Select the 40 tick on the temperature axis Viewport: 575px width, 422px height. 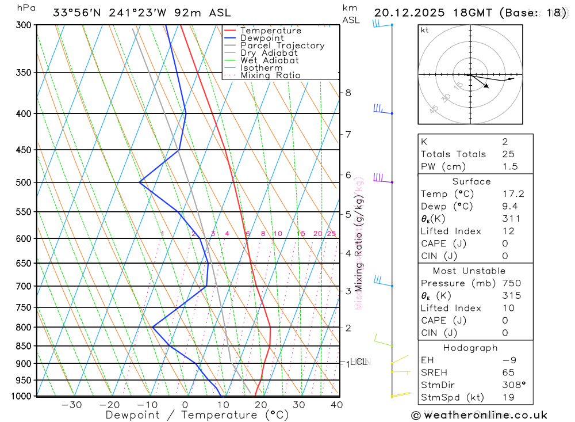pos(336,405)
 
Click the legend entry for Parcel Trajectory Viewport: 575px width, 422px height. pos(282,45)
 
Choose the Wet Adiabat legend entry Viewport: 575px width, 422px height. pos(270,60)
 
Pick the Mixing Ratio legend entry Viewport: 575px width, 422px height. pos(270,75)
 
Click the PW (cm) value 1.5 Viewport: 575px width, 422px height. pos(510,166)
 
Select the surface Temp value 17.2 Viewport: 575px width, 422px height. pos(513,194)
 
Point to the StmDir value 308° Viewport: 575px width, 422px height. pos(513,385)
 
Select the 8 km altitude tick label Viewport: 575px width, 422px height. pos(348,92)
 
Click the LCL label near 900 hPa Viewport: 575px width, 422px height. pos(359,362)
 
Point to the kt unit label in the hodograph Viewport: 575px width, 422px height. pos(424,30)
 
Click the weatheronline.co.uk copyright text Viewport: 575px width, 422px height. pos(480,415)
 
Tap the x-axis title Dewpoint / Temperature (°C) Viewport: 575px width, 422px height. pos(197,415)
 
